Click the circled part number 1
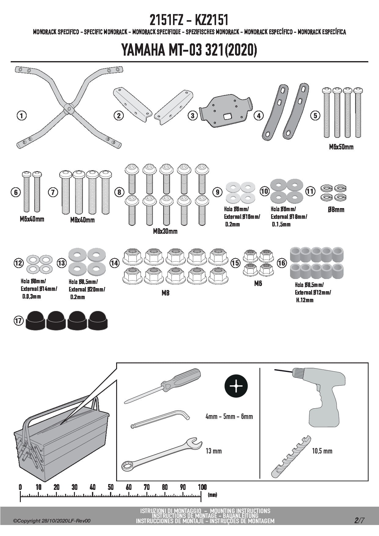click(x=21, y=116)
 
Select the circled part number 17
click(x=18, y=320)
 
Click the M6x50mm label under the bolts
click(x=341, y=147)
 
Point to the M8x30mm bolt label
click(x=165, y=231)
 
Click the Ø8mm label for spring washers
click(x=336, y=210)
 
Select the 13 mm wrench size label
click(x=214, y=451)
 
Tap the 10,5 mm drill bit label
click(x=322, y=451)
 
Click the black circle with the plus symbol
click(x=236, y=386)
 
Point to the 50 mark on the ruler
click(x=111, y=487)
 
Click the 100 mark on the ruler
click(x=202, y=487)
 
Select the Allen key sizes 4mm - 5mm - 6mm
click(x=229, y=416)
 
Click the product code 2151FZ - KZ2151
click(x=189, y=20)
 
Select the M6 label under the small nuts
click(x=258, y=284)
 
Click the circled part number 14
click(x=115, y=263)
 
